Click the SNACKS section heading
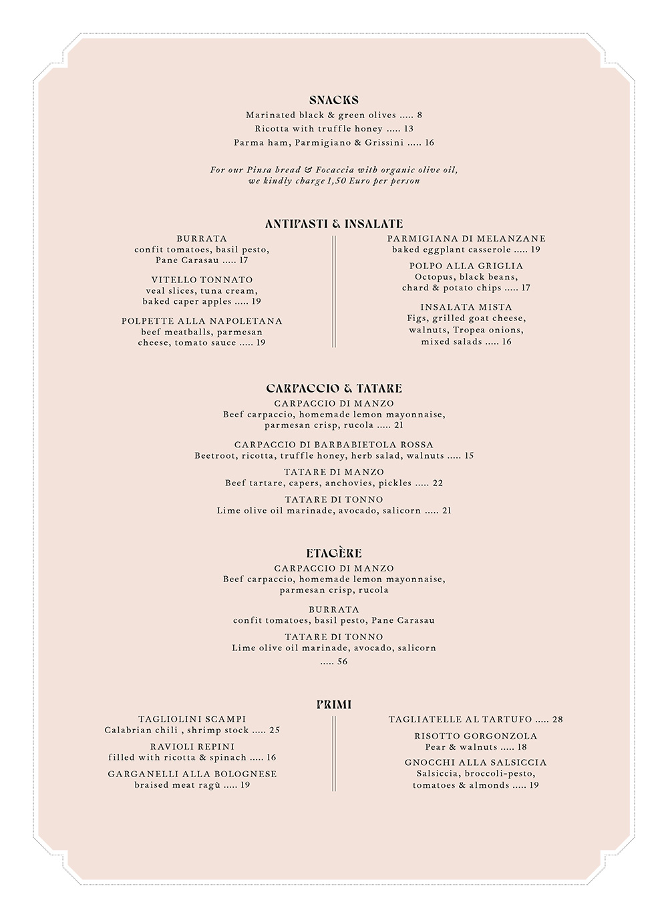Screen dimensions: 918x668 coord(333,100)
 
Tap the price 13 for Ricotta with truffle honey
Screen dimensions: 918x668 coord(409,129)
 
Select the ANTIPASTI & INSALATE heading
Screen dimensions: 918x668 coord(333,224)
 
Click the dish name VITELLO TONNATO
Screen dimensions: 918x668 coord(202,280)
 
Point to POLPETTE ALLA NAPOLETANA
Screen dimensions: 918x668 coord(202,321)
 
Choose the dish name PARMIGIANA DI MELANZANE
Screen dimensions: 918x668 coord(466,238)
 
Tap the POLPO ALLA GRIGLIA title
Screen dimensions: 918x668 coord(466,266)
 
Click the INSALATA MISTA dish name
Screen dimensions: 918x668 coord(466,307)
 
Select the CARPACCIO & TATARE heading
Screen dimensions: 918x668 coord(333,388)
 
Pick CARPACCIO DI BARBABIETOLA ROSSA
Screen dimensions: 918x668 coord(333,445)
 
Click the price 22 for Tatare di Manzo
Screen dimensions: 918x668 coord(438,483)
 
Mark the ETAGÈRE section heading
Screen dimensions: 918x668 coord(333,553)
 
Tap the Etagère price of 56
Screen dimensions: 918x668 coord(342,662)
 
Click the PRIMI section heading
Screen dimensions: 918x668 coord(333,704)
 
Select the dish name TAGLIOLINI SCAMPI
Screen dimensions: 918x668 coord(192,719)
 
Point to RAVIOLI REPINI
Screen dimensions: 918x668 coord(192,746)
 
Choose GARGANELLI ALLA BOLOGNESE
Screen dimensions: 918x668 coord(192,774)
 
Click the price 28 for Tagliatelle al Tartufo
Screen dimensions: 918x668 coord(557,720)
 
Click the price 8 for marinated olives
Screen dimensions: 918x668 coord(420,116)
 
